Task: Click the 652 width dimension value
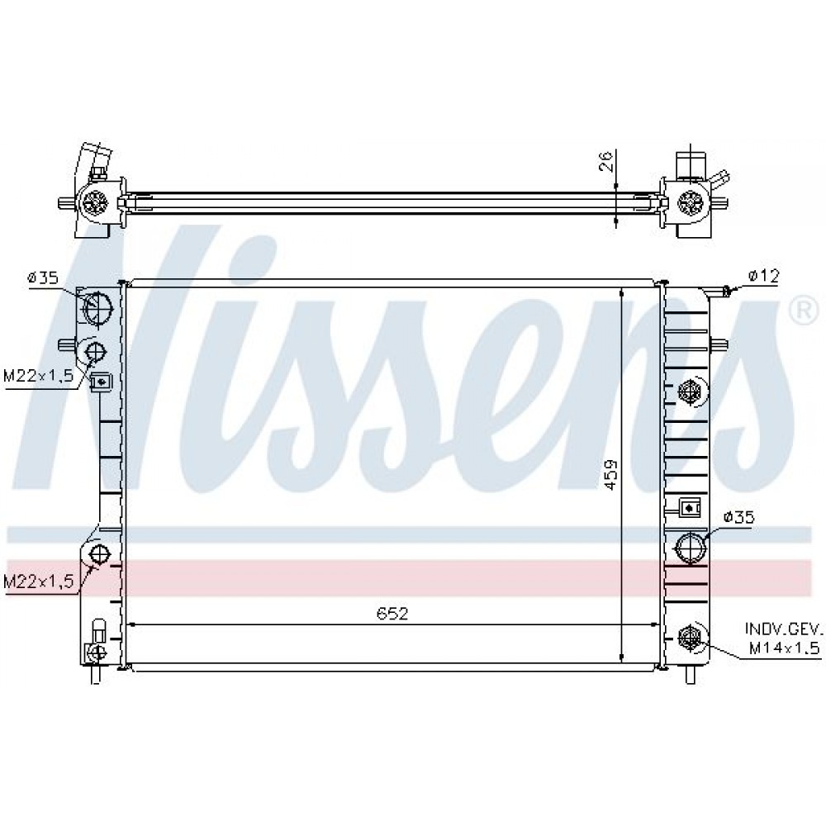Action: click(x=392, y=613)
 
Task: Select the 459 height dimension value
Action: click(x=610, y=475)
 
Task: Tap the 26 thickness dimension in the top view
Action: click(x=607, y=161)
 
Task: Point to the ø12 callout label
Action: click(x=762, y=276)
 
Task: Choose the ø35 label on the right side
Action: click(x=738, y=517)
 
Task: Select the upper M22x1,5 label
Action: click(x=38, y=376)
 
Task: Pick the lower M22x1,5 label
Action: click(x=38, y=582)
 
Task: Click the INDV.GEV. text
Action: click(x=783, y=629)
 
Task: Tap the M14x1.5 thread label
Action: click(x=785, y=648)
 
